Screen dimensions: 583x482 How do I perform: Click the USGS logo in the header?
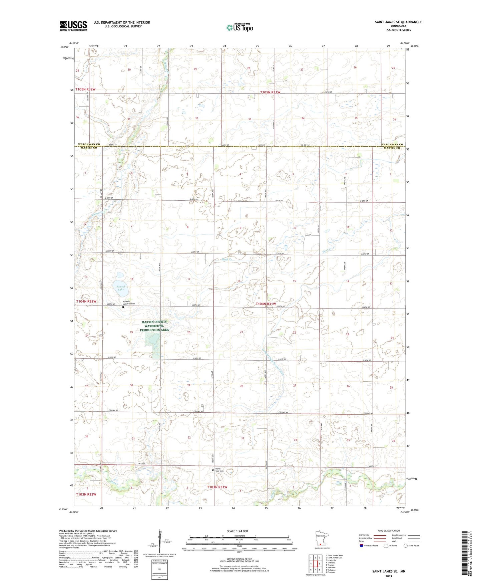click(73, 26)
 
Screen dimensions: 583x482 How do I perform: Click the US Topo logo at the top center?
click(239, 27)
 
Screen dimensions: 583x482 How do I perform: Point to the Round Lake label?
click(121, 288)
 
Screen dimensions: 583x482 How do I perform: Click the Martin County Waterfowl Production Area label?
click(154, 326)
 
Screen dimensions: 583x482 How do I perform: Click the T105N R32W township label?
click(85, 89)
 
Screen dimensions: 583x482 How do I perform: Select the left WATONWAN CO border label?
click(89, 144)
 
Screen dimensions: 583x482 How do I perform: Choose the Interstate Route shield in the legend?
click(362, 546)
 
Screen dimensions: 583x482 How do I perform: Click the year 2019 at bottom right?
click(389, 576)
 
